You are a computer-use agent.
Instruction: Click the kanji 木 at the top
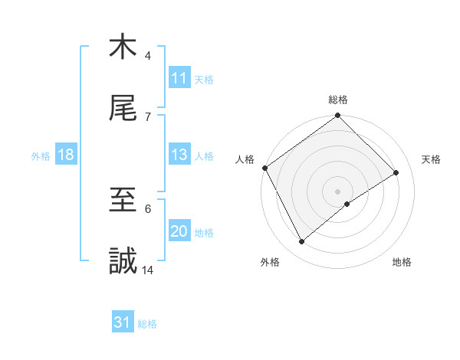tap(123, 47)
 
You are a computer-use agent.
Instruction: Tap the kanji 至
tap(123, 200)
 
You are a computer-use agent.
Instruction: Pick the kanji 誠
tap(123, 262)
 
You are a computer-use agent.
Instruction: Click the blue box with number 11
tap(179, 78)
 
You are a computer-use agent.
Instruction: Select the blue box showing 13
tap(179, 155)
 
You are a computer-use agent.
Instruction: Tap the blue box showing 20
tap(179, 231)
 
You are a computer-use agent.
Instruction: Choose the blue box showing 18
tap(66, 155)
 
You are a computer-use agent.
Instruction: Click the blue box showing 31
tap(123, 322)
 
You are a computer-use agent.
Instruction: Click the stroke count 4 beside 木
tap(148, 55)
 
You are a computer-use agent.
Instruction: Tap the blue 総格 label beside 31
tap(147, 324)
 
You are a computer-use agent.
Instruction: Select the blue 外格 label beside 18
tap(41, 155)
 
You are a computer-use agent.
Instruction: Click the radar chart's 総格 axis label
tap(338, 100)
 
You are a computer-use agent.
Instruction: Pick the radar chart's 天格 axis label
tap(432, 159)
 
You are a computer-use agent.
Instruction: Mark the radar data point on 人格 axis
tap(264, 168)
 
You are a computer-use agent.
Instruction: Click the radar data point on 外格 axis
tap(302, 242)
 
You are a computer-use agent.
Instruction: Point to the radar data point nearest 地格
tap(347, 204)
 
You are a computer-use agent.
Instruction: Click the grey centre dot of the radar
tap(338, 191)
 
